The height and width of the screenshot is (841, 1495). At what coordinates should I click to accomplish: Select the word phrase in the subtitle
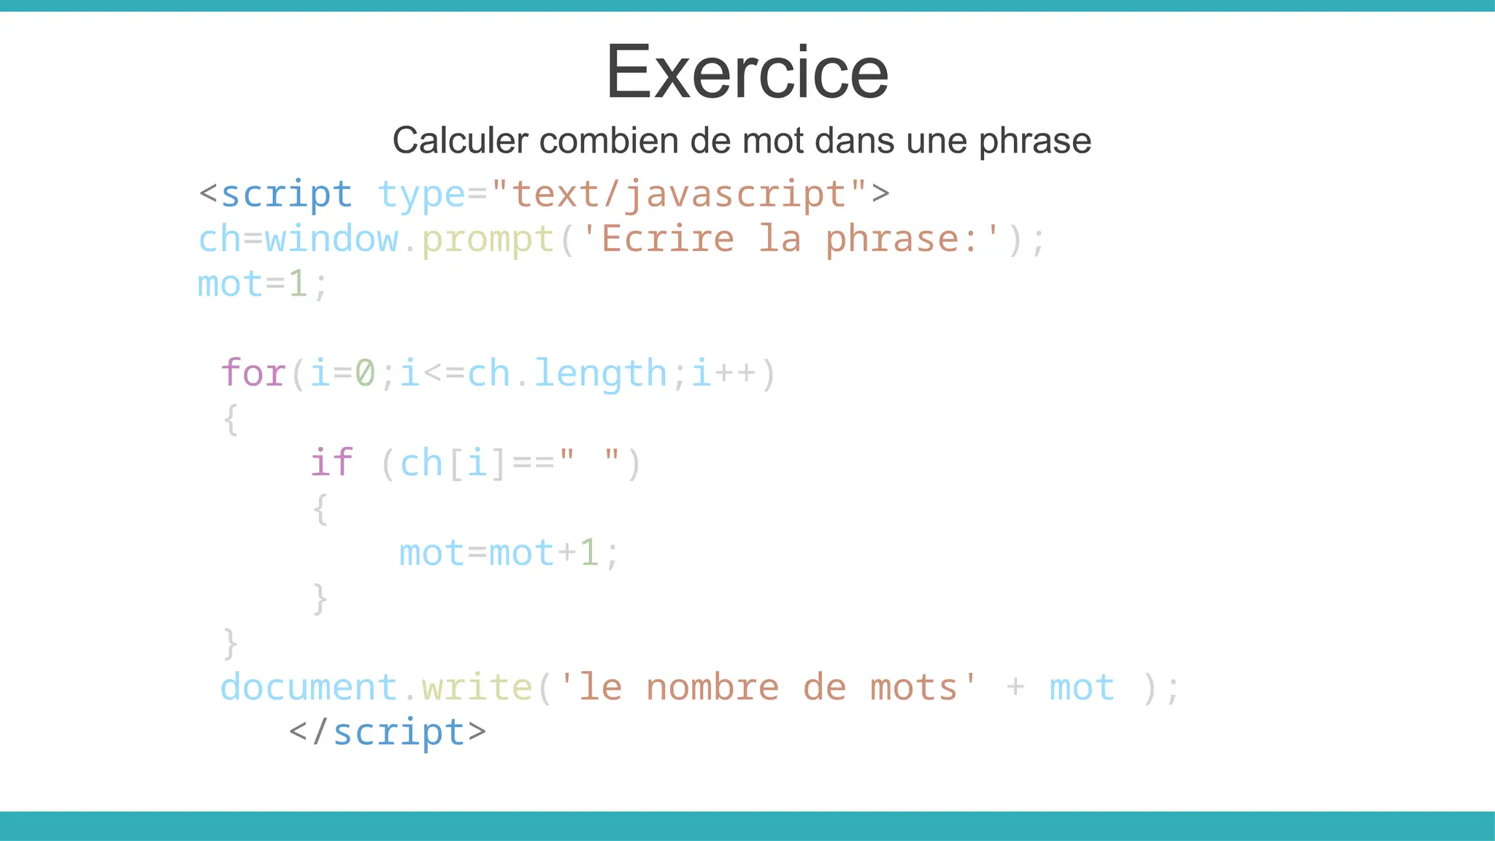[x=1034, y=142]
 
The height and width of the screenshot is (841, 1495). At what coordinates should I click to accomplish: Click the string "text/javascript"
[x=679, y=195]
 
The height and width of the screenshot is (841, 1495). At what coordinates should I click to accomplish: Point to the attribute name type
[x=421, y=195]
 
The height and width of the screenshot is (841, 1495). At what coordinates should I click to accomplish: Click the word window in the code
[x=331, y=239]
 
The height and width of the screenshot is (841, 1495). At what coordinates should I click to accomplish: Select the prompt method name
[x=488, y=239]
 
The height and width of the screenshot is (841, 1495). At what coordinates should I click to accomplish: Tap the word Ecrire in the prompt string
[x=667, y=239]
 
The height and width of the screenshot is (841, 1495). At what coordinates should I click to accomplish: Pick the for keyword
[x=253, y=373]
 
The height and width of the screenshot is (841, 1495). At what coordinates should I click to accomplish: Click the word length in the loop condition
[x=600, y=373]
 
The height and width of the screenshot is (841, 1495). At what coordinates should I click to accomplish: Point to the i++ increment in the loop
[x=723, y=373]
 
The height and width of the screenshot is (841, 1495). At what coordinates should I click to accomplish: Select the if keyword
[x=331, y=463]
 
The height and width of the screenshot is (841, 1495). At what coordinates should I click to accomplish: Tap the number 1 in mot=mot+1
[x=589, y=553]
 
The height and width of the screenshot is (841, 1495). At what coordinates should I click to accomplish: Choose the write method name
[x=477, y=688]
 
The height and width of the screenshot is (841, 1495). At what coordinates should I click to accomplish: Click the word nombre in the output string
[x=712, y=688]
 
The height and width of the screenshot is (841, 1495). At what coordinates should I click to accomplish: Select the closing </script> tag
[x=388, y=732]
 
